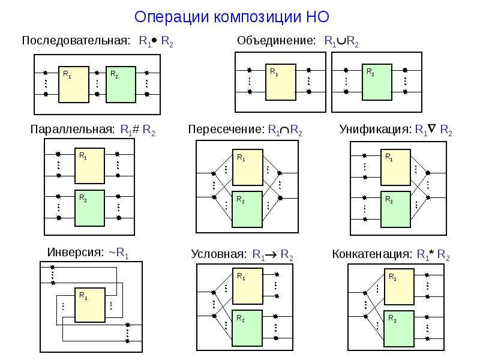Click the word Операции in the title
[172, 17]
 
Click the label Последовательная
[76, 40]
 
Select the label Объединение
[276, 40]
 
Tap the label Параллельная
[72, 130]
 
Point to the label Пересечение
[226, 130]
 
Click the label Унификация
[376, 130]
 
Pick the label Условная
[218, 254]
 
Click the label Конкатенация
[372, 254]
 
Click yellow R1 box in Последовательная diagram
[74, 85]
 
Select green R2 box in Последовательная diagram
[121, 85]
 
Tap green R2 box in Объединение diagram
[377, 82]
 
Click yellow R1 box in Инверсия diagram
[90, 305]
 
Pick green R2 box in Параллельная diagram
[89, 208]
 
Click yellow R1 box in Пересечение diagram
[248, 167]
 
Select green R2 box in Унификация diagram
[395, 209]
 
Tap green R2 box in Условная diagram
[247, 328]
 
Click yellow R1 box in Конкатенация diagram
[399, 287]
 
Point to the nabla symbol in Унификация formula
[431, 128]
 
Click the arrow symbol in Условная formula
[271, 254]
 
